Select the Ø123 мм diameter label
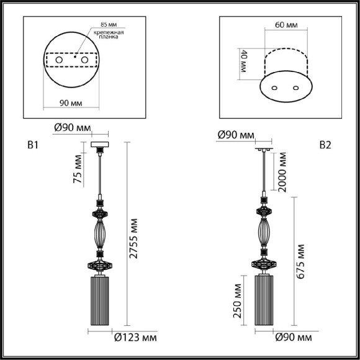coord(135,338)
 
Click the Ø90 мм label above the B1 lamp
coord(71,128)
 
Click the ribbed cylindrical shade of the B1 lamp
coord(101,301)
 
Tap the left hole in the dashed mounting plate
coord(60,60)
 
